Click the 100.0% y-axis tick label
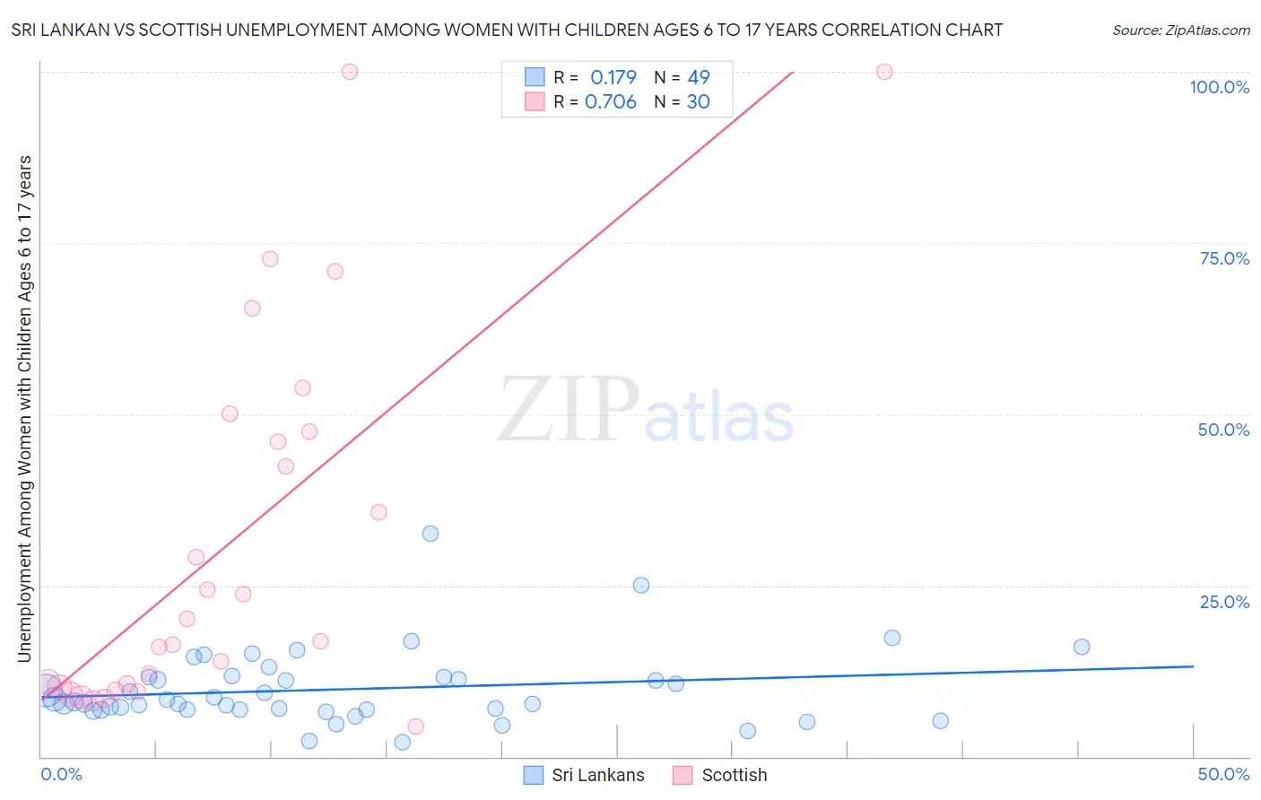(1219, 87)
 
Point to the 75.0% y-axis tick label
(1224, 258)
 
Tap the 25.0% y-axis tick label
(1224, 602)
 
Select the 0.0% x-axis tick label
(61, 775)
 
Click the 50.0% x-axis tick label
(1223, 775)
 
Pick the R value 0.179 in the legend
(613, 77)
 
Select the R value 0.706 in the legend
(610, 102)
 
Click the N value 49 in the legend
(699, 77)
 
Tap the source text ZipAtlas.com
(1180, 30)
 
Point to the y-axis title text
(24, 409)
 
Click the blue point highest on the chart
(430, 534)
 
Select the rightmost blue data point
(1082, 647)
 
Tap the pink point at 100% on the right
(884, 72)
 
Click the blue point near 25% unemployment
(641, 585)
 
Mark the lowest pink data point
(415, 726)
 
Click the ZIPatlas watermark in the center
(646, 411)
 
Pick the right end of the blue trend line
(1193, 666)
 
